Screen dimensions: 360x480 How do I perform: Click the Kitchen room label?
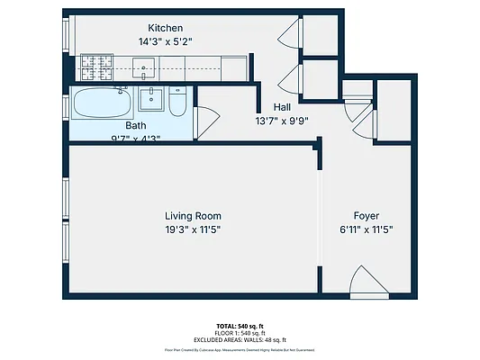click(165, 29)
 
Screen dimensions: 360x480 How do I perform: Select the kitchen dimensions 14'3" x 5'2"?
click(165, 41)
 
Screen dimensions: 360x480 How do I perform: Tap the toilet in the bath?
click(177, 103)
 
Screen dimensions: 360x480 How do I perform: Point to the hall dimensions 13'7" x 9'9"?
click(282, 120)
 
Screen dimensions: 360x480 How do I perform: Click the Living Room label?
click(193, 216)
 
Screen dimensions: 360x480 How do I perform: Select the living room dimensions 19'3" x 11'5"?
click(193, 229)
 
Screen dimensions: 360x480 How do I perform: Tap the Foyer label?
click(366, 216)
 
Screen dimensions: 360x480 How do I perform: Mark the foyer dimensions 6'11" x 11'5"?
click(366, 229)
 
